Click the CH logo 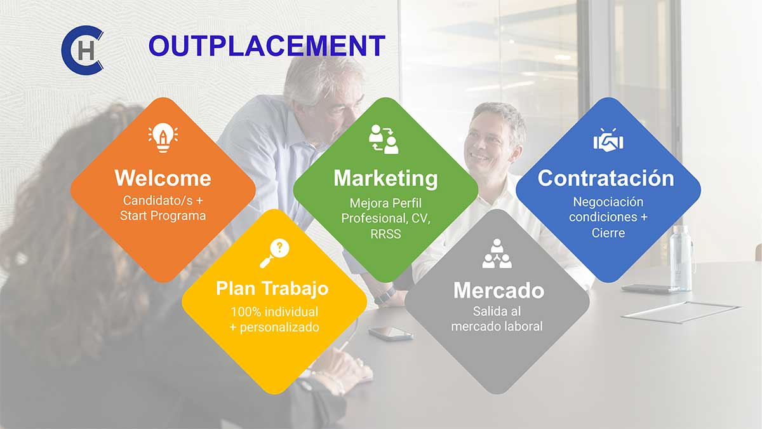[83, 50]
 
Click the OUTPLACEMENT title [267, 46]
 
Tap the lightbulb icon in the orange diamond [163, 137]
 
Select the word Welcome [163, 178]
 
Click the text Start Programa [163, 216]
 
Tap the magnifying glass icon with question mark [274, 254]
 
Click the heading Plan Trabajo [272, 289]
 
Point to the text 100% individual [274, 312]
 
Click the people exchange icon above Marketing [384, 139]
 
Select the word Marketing [386, 179]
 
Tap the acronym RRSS [386, 235]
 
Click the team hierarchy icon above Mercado [497, 254]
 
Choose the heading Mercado [498, 290]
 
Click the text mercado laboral [497, 327]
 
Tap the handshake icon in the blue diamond [608, 140]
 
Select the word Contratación [606, 178]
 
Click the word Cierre [608, 233]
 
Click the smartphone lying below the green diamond [391, 334]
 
